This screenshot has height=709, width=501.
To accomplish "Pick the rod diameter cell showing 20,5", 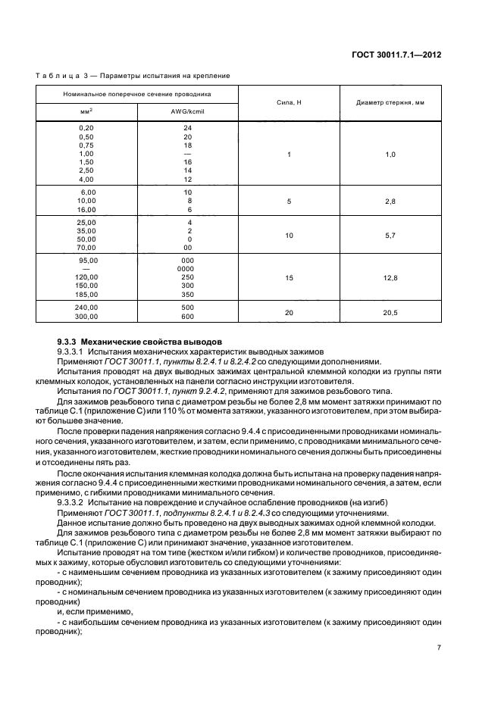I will (x=390, y=311).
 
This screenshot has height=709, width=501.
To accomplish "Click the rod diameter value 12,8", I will (x=390, y=278).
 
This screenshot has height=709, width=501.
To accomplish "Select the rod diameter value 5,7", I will (x=390, y=236).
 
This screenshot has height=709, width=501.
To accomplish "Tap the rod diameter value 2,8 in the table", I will (x=390, y=201).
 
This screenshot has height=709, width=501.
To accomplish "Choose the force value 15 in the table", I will (x=289, y=278).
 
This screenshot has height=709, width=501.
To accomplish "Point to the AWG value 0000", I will (x=186, y=269).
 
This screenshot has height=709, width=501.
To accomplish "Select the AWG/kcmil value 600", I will (x=187, y=316).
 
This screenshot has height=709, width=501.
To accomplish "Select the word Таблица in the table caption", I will (x=55, y=76).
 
